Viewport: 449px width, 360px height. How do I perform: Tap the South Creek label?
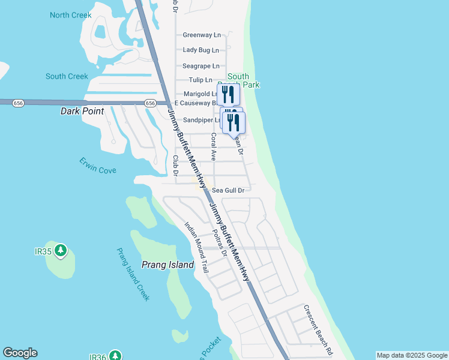(67, 76)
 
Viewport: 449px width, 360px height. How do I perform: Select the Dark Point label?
(82, 111)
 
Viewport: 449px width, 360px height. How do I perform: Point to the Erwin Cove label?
(98, 166)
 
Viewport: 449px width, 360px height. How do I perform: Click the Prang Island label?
(167, 265)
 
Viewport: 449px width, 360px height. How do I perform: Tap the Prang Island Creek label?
(133, 275)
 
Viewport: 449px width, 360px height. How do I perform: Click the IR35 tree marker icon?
(60, 251)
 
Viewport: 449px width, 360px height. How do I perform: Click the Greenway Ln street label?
(202, 35)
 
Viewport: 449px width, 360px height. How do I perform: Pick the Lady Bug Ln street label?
(202, 50)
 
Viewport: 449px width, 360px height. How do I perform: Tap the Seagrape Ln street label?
(201, 65)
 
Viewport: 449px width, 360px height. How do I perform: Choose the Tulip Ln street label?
(200, 80)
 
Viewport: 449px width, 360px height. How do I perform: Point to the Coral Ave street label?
(213, 146)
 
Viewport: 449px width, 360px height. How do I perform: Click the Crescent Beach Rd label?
(318, 330)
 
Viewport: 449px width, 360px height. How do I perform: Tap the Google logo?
(20, 353)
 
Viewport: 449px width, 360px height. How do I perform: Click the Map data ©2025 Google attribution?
(412, 355)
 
